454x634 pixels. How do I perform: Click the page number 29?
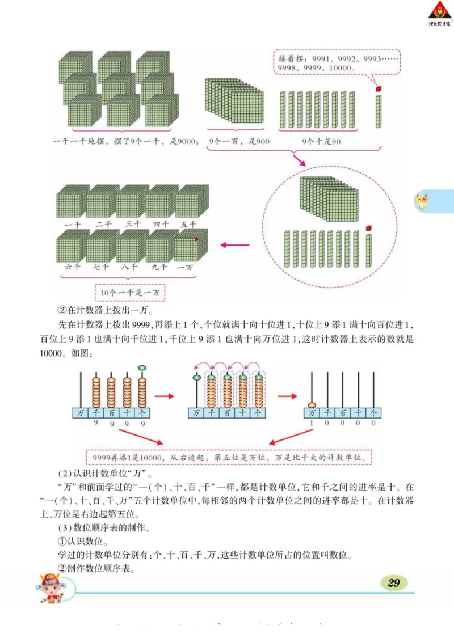[394, 582]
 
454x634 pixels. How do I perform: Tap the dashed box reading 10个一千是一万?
[130, 292]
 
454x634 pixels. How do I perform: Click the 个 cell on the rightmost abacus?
[373, 413]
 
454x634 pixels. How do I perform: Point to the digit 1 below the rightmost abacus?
[312, 423]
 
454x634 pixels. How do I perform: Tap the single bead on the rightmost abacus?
[312, 404]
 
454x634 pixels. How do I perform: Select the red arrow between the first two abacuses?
[166, 395]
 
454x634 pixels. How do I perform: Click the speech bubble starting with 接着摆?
[337, 63]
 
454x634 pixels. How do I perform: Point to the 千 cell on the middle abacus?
[212, 413]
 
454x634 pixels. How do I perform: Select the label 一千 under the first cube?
[72, 224]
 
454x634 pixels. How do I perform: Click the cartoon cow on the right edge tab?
[421, 201]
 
